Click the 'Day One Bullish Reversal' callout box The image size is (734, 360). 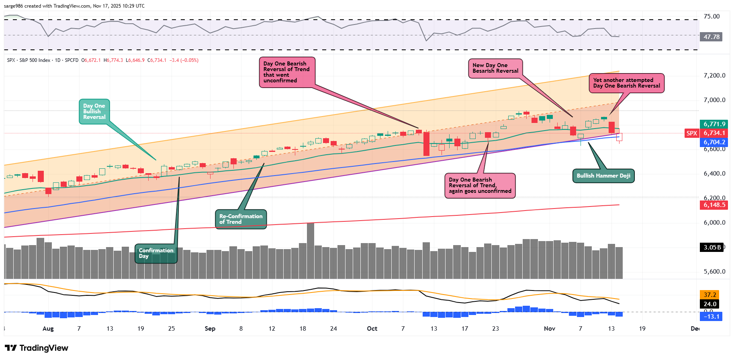coord(94,111)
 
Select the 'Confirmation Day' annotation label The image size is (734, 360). coord(156,253)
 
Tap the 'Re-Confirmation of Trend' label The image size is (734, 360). coord(241,219)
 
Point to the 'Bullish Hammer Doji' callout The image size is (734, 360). coord(603,176)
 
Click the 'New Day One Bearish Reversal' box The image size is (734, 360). coord(495,68)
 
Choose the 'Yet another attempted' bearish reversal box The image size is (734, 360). coord(626,83)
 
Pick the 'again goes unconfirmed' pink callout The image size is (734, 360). coord(480,185)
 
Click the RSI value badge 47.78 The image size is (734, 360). coord(711,37)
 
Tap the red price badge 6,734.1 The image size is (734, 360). coord(714,133)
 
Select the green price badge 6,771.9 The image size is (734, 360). coord(714,124)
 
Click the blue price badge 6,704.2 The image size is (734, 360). coord(714,142)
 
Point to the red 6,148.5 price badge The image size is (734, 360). coord(714,205)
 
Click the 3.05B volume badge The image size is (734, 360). coord(712,247)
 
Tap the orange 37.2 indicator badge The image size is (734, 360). coord(710,295)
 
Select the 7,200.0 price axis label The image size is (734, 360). coord(714,76)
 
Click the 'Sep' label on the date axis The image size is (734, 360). coord(210,329)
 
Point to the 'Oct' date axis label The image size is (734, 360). coord(372,329)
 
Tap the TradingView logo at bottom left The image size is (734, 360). coord(37,348)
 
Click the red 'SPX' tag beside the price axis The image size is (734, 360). coord(691,133)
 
